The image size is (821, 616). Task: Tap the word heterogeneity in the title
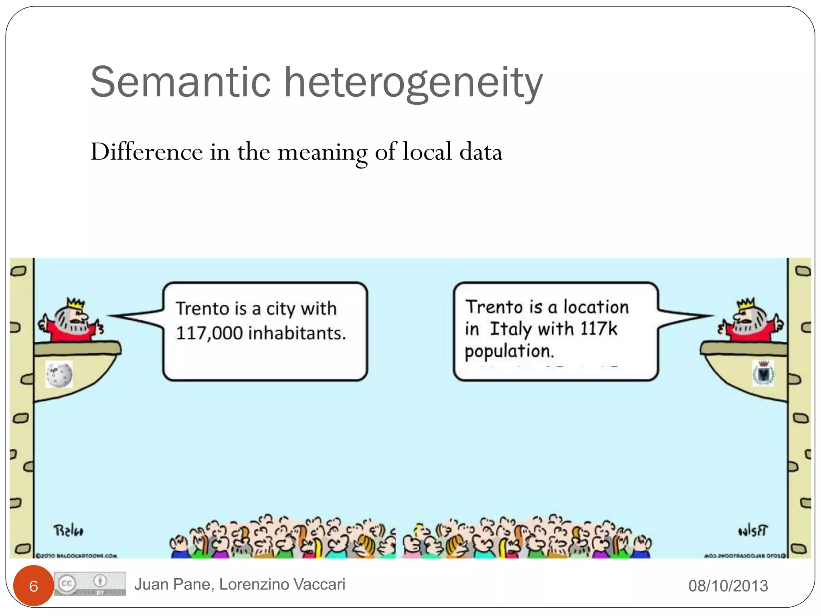(x=413, y=83)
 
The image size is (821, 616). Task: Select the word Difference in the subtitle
(x=147, y=152)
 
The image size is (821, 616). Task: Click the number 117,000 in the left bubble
(x=209, y=333)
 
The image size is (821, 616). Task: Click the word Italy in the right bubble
(x=511, y=329)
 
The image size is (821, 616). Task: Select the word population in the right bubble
(x=508, y=351)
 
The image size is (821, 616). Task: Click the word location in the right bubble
(x=596, y=307)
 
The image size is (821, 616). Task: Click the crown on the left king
(x=76, y=304)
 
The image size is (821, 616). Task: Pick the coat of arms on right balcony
(x=764, y=373)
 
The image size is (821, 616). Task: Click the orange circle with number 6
(x=33, y=586)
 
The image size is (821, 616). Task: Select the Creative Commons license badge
(x=90, y=584)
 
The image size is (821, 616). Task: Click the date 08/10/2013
(x=728, y=586)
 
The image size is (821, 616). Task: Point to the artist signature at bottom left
(x=69, y=531)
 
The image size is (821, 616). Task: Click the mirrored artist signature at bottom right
(x=752, y=531)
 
